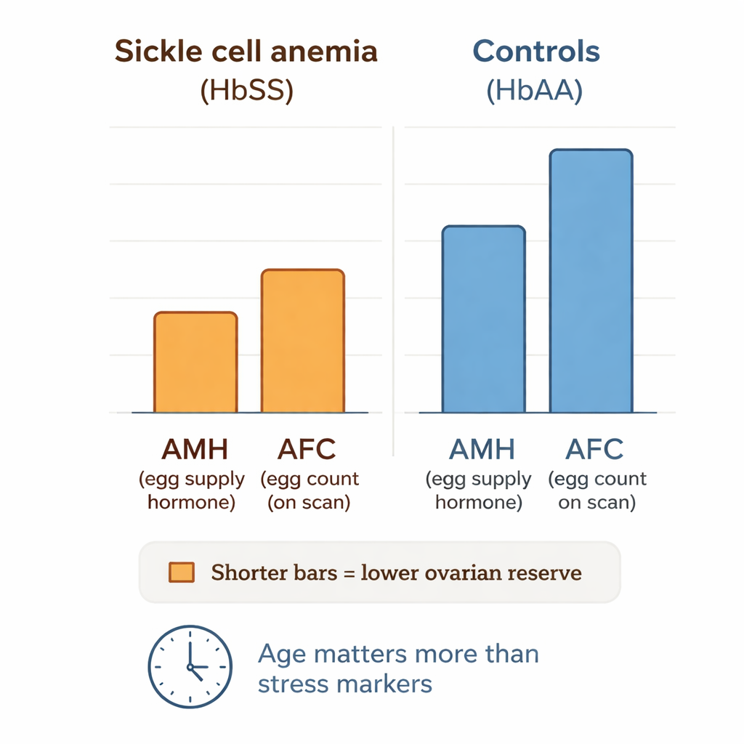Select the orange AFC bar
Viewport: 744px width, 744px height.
pyautogui.click(x=302, y=341)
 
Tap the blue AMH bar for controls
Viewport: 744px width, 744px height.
pyautogui.click(x=483, y=319)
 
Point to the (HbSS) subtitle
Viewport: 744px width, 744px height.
pyautogui.click(x=246, y=93)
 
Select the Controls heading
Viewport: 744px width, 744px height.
pyautogui.click(x=536, y=52)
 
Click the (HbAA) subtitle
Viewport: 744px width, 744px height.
pyautogui.click(x=535, y=93)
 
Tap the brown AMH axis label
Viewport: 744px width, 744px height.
pyautogui.click(x=194, y=450)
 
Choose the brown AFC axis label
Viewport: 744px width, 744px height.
pyautogui.click(x=307, y=450)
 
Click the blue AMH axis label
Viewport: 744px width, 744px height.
pyautogui.click(x=482, y=450)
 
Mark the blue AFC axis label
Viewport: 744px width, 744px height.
pyautogui.click(x=594, y=450)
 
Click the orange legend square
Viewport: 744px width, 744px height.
pyautogui.click(x=181, y=573)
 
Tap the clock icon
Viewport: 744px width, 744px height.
pyautogui.click(x=190, y=666)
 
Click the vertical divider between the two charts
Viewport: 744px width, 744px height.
pyautogui.click(x=393, y=291)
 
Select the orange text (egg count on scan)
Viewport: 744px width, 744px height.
pyautogui.click(x=310, y=491)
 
